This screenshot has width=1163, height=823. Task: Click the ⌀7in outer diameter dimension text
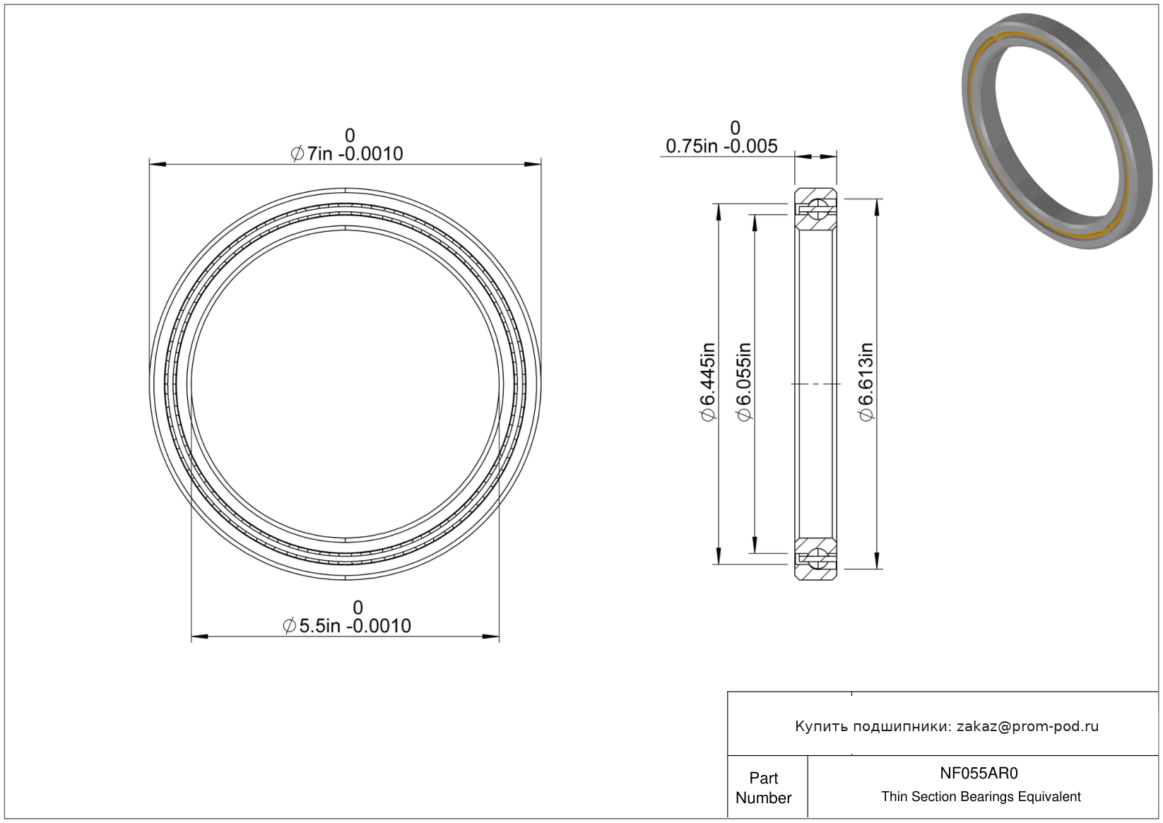347,154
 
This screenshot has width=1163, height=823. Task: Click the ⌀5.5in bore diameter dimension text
347,626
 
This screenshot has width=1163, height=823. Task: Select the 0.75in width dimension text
721,146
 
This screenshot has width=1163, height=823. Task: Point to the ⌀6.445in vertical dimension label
708,382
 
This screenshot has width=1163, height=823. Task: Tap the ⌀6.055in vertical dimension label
744,382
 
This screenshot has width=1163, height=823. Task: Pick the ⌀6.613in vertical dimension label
866,382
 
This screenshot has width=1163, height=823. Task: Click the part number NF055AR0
979,773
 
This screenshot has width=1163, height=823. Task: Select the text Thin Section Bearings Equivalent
981,797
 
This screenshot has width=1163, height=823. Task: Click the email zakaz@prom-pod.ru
1027,726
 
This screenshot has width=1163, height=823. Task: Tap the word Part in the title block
763,778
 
